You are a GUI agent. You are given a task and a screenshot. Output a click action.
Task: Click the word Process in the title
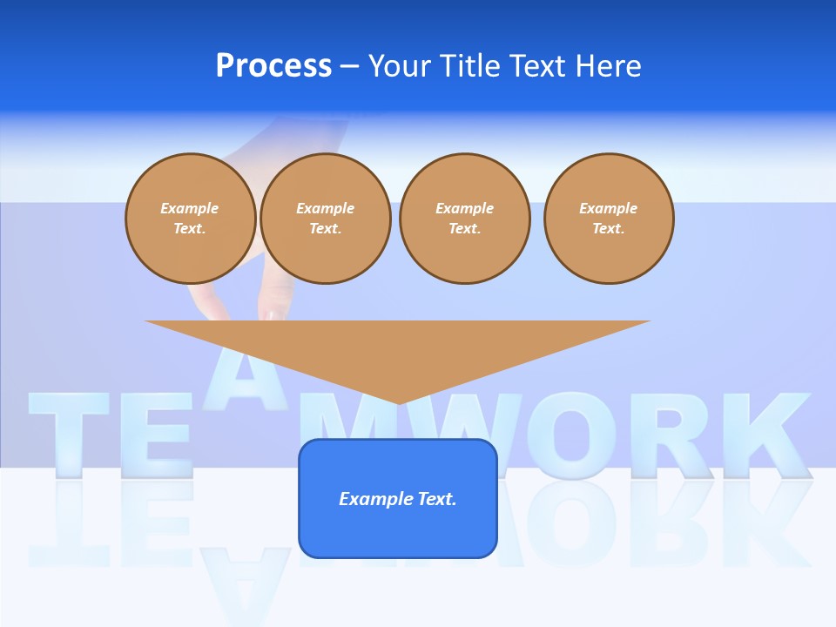tap(273, 66)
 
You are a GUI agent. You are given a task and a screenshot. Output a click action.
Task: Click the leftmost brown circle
tap(190, 219)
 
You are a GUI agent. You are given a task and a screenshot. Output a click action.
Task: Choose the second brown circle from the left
tap(325, 219)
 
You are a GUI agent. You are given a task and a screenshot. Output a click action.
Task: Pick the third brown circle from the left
tap(464, 219)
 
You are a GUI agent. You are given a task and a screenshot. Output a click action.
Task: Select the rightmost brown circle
tap(608, 219)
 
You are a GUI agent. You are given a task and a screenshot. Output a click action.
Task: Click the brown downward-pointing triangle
tap(397, 348)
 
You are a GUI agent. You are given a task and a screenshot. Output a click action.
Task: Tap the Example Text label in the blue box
tap(397, 499)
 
